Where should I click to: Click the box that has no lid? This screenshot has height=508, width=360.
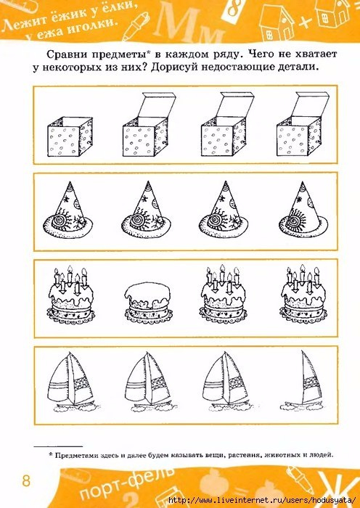(70, 136)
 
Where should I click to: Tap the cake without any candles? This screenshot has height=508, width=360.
(148, 301)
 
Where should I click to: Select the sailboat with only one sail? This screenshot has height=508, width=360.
(303, 380)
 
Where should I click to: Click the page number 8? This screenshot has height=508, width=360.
(26, 480)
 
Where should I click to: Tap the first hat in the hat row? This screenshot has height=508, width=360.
(67, 210)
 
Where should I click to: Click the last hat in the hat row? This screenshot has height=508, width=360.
(303, 210)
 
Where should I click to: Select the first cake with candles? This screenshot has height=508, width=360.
(70, 295)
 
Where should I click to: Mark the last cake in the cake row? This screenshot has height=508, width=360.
(303, 294)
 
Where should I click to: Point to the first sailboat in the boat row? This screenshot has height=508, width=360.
(70, 382)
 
